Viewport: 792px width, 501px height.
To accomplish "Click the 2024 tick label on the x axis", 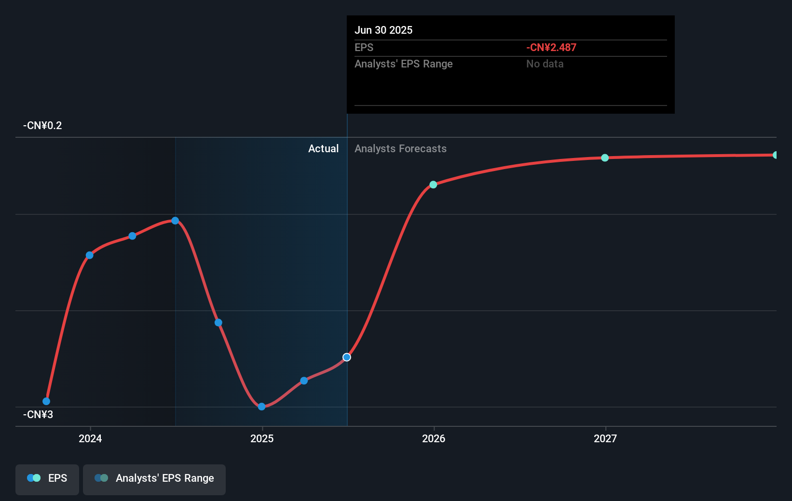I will point(90,438).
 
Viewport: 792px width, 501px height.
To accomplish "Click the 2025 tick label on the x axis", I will point(262,438).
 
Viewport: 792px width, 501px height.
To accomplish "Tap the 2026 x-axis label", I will point(434,438).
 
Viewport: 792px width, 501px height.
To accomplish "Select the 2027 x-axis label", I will point(605,438).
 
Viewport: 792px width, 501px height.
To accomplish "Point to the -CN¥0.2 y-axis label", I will point(42,126).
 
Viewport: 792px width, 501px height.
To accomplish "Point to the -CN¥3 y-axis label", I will point(38,415).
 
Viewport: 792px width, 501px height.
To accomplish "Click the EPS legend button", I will point(47,478).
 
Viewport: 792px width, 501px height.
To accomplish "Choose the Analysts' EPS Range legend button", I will point(154,478).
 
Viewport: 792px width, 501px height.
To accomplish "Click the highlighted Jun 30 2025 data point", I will point(347,357).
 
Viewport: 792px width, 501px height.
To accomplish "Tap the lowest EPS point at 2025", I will point(261,407).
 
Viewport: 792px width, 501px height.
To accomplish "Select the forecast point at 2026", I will point(433,185).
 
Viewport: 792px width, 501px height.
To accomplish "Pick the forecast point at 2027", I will point(605,158).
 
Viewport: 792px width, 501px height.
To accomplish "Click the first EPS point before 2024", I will point(46,401).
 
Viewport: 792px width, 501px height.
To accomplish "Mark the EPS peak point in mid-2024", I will point(175,221).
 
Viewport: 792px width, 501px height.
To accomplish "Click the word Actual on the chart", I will point(323,149).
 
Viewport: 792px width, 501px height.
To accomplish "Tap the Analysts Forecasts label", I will point(400,149).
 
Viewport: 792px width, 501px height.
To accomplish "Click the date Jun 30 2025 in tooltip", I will point(383,30).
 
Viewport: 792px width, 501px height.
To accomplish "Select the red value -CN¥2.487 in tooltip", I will point(551,48).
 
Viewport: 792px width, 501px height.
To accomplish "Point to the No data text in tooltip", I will point(545,64).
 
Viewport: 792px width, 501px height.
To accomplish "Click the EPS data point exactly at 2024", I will point(90,255).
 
